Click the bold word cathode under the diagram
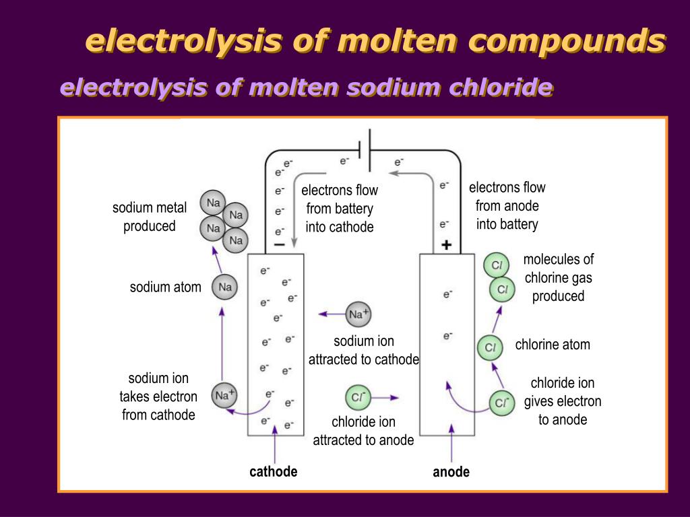(274, 472)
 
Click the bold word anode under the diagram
(451, 472)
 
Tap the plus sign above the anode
(447, 245)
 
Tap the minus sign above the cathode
(280, 245)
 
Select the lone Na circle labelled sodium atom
(225, 287)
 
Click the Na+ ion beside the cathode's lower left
(224, 395)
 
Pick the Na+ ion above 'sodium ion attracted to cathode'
(358, 314)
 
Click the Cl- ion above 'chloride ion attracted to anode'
(358, 397)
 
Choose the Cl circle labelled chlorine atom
(491, 347)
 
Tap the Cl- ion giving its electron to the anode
(501, 403)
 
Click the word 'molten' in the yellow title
(400, 40)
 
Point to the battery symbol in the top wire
(365, 150)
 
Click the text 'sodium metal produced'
(150, 217)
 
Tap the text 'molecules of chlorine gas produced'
(559, 277)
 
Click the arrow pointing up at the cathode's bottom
(275, 444)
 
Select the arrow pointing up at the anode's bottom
(451, 444)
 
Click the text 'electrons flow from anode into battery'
(507, 206)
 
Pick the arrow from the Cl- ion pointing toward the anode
(385, 397)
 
